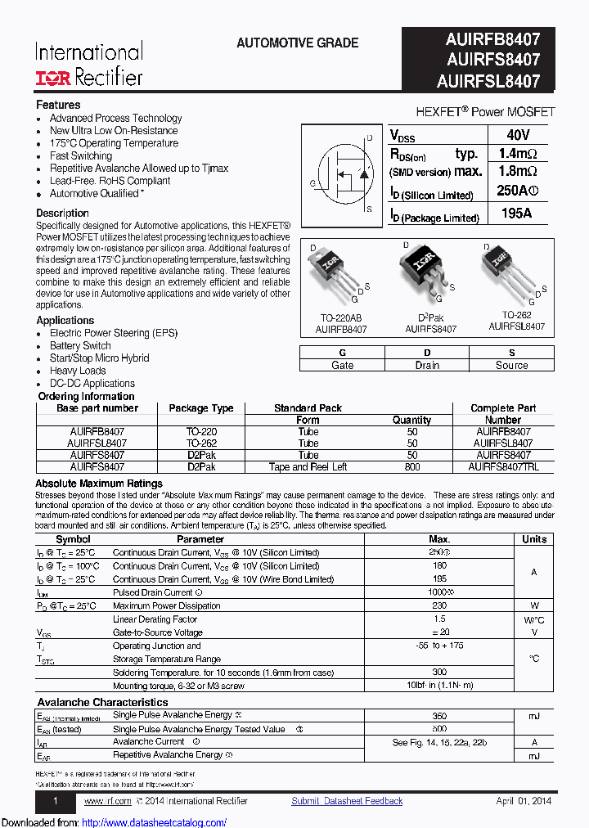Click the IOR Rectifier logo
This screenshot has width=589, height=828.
pyautogui.click(x=88, y=77)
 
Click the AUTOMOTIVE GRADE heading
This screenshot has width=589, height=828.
pyautogui.click(x=297, y=43)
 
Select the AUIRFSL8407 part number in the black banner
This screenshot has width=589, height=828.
pyautogui.click(x=488, y=81)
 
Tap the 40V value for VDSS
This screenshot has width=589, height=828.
pyautogui.click(x=518, y=135)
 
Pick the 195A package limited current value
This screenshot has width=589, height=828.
pyautogui.click(x=516, y=214)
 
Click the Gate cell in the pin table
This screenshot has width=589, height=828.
pyautogui.click(x=342, y=365)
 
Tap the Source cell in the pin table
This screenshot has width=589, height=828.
pyautogui.click(x=512, y=365)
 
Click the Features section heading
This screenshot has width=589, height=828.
pyautogui.click(x=58, y=105)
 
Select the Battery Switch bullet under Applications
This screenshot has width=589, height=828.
pyautogui.click(x=80, y=345)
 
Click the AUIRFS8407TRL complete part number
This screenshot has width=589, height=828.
pyautogui.click(x=503, y=467)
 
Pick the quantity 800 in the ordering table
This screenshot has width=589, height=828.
pyautogui.click(x=412, y=467)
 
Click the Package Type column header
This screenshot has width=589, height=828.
pyautogui.click(x=201, y=408)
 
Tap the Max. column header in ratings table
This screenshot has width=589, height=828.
pyautogui.click(x=439, y=539)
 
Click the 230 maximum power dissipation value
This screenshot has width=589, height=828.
pyautogui.click(x=439, y=605)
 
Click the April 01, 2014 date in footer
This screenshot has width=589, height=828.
pyautogui.click(x=524, y=801)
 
